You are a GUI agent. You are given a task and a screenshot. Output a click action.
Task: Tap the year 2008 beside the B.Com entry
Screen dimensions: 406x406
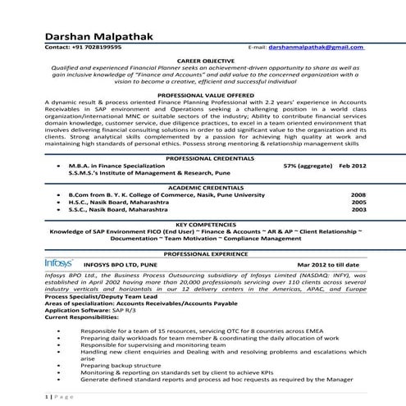pyautogui.click(x=358, y=194)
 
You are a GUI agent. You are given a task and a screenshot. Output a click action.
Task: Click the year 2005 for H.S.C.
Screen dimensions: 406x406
pyautogui.click(x=358, y=202)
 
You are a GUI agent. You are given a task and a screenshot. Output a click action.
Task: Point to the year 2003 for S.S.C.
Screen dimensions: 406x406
pyautogui.click(x=358, y=210)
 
